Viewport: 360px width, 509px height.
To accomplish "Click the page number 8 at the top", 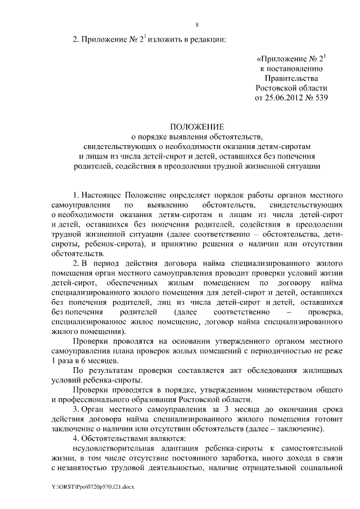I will (x=197, y=25).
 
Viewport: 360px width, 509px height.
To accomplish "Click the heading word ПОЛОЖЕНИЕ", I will (x=197, y=127).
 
